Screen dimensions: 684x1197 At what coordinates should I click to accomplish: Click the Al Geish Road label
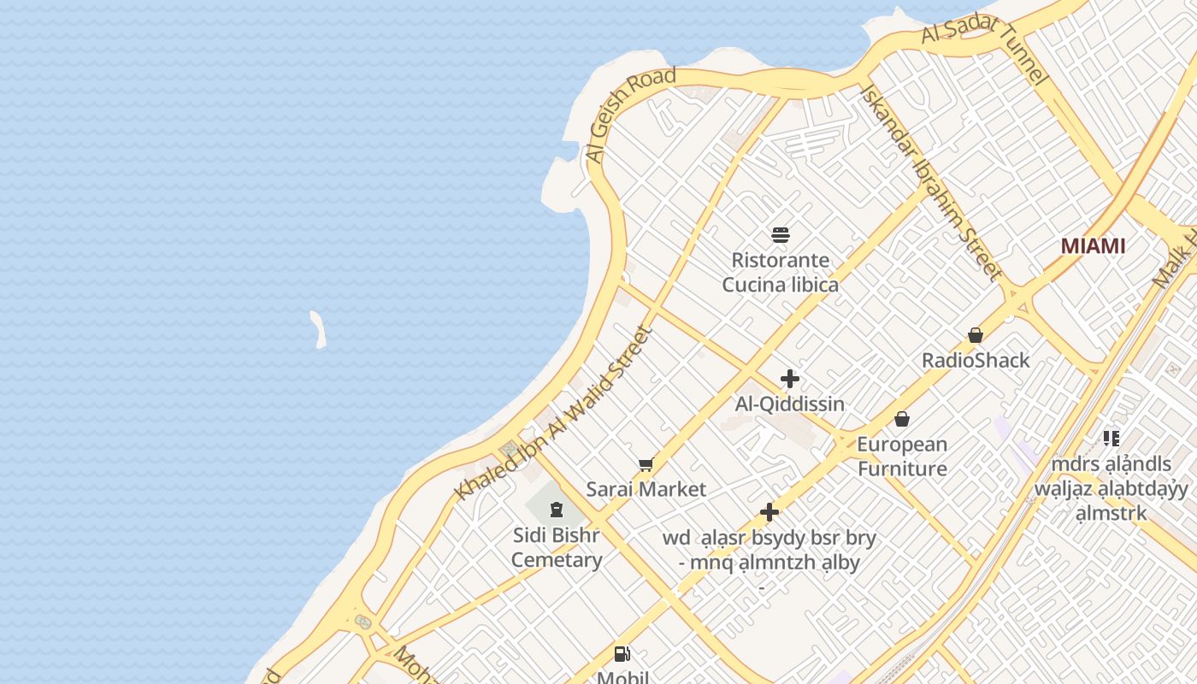coord(630,115)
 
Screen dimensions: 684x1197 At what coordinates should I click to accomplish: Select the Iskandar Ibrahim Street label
coord(931,182)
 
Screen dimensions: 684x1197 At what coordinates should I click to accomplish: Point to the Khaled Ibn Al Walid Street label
coord(553,413)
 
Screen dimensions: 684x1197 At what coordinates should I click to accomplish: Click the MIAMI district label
coord(1093,246)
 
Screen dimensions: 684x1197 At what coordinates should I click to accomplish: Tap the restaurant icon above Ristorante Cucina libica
coord(780,235)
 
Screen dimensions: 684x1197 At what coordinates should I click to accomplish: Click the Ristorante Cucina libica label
coord(780,272)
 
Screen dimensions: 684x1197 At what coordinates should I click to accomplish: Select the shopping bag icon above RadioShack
coord(976,335)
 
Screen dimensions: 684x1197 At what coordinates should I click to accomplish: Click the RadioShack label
coord(976,360)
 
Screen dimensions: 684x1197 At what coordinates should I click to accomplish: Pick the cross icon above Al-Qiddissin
coord(790,378)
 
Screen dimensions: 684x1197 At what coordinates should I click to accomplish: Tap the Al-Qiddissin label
coord(790,404)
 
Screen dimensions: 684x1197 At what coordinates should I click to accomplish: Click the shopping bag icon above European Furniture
coord(902,419)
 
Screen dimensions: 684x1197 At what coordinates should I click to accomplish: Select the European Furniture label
coord(902,456)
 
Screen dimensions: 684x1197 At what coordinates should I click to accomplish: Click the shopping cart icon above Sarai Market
coord(646,465)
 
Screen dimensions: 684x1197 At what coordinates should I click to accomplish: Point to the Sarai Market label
coord(646,489)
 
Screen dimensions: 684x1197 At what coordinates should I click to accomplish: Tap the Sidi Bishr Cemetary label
coord(557,547)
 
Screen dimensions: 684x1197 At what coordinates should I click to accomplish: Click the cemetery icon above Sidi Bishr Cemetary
coord(557,510)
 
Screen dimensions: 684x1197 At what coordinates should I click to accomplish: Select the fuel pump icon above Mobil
coord(622,655)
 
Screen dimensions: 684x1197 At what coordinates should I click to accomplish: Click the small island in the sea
coord(318,329)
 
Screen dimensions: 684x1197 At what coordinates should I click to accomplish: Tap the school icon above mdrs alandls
coord(1111,439)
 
